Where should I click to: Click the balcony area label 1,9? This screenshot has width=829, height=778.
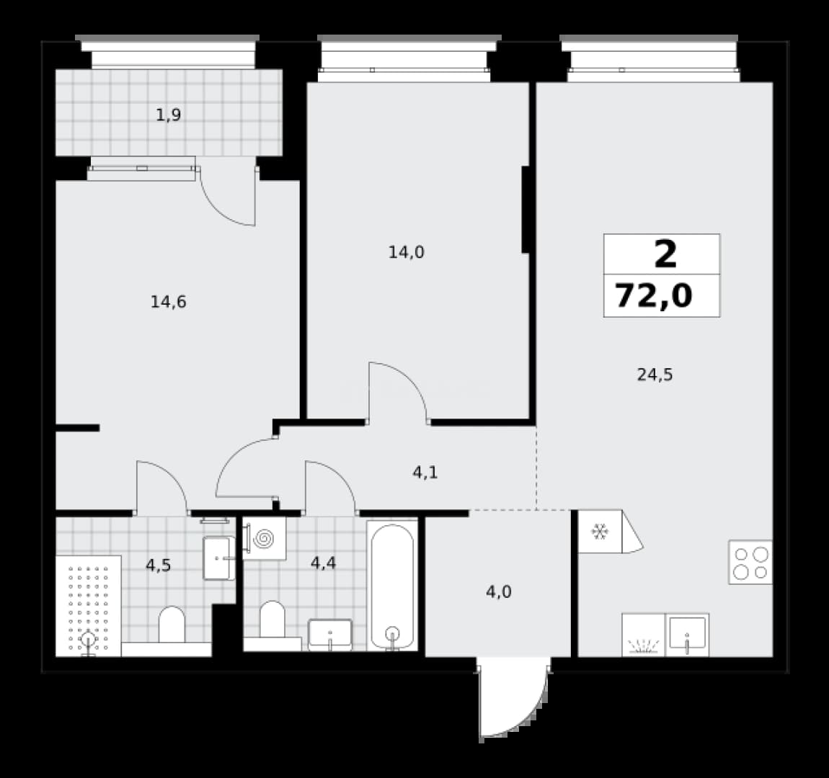point(169,115)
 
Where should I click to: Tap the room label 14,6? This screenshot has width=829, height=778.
point(168,302)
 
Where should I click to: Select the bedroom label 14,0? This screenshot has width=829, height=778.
point(406,252)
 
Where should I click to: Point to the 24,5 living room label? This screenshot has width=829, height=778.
point(655,375)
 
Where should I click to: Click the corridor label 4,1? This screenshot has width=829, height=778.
point(425,472)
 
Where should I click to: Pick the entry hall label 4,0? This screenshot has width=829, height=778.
point(499,592)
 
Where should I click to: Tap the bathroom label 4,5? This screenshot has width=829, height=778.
point(158,565)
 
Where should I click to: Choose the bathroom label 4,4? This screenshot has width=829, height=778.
point(323,563)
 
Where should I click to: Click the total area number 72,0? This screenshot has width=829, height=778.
point(654,295)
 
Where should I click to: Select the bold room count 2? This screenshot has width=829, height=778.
point(665,254)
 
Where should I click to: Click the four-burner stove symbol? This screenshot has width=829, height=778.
point(750,562)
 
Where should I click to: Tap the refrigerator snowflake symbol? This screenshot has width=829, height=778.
point(600,532)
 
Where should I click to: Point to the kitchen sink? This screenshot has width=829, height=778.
point(687,635)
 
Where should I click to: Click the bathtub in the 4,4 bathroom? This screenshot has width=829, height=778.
point(391,586)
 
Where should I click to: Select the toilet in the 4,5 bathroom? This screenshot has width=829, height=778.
point(172,625)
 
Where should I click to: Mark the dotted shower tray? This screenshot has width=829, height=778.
point(88,606)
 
